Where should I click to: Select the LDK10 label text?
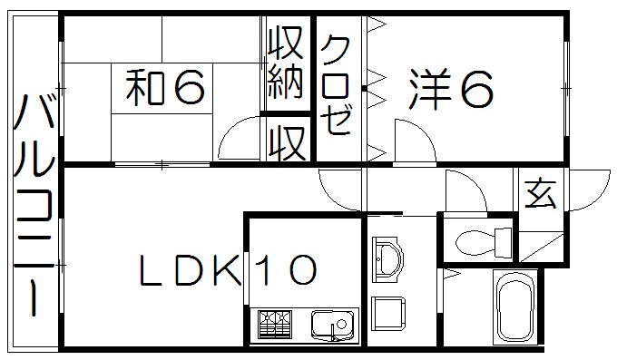point(227,269)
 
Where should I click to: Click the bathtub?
point(514,307)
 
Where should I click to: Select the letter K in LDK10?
point(226,269)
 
